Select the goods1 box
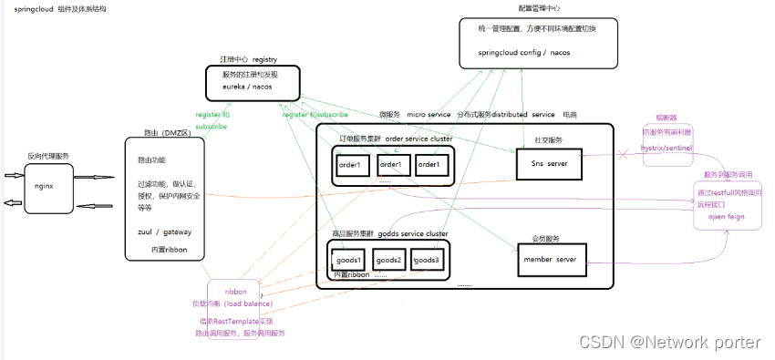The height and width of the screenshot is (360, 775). point(349,260)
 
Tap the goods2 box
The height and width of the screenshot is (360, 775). point(390,260)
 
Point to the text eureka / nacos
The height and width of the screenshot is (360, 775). point(247,87)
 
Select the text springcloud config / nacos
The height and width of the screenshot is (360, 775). point(524,53)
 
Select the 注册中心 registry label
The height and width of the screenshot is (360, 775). point(248,57)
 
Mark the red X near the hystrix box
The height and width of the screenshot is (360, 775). point(624,157)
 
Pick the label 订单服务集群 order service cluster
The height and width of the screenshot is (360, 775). point(394,139)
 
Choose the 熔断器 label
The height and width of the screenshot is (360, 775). point(667,118)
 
